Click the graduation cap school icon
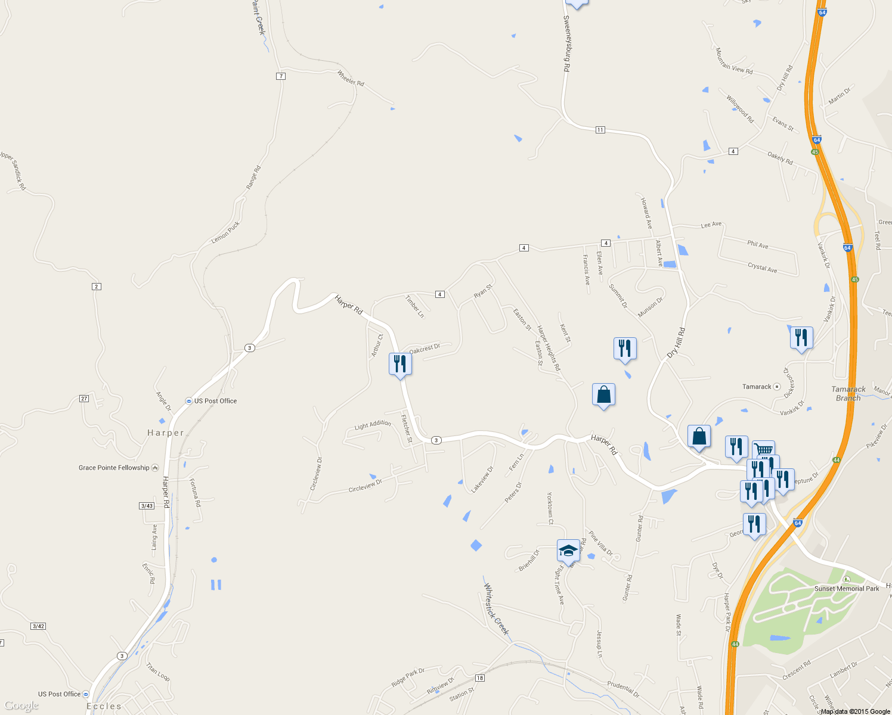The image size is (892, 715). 568,551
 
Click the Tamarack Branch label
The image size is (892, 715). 848,393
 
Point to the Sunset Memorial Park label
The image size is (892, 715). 847,589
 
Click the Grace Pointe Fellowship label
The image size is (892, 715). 114,468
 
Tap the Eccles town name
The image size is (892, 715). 104,706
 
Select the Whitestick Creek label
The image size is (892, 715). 496,609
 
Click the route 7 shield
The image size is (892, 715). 281,76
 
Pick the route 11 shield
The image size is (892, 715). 600,130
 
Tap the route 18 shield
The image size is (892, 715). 480,678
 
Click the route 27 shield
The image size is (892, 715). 84,399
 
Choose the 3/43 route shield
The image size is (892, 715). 147,506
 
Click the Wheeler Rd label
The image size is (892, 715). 351,79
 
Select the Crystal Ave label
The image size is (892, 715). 762,268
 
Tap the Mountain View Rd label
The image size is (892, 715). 734,61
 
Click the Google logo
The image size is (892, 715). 21,706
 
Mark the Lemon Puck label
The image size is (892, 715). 225,232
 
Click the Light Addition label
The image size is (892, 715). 373,425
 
